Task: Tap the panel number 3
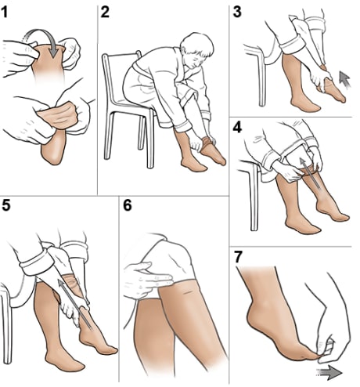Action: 237,13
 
